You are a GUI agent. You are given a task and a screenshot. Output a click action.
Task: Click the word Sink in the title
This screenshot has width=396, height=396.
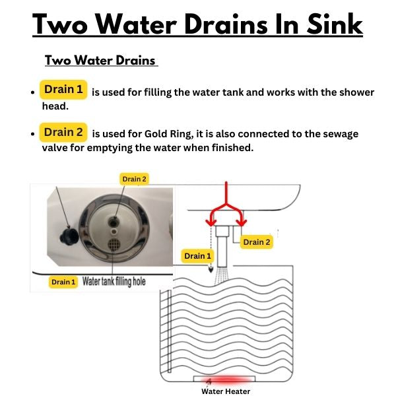[335, 24]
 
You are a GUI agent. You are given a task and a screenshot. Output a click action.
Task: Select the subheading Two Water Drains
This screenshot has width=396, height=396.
[100, 60]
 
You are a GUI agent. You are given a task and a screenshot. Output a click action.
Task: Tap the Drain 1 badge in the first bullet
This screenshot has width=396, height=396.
[63, 89]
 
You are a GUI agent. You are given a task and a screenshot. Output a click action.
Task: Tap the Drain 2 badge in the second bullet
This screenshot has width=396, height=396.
[63, 132]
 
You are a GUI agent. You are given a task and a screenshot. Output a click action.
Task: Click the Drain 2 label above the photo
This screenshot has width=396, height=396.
[134, 179]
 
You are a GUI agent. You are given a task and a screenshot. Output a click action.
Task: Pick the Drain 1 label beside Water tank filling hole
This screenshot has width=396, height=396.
[63, 282]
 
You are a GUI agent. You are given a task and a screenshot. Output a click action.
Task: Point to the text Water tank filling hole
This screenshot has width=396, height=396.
[114, 281]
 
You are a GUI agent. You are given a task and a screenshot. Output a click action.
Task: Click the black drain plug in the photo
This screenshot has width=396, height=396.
[69, 237]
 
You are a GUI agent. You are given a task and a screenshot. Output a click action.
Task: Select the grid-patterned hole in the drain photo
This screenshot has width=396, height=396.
[114, 244]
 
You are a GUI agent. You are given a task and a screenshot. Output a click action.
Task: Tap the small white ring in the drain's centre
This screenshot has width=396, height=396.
[114, 231]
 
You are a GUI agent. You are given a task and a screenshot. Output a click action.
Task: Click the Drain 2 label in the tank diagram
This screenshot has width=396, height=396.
[256, 242]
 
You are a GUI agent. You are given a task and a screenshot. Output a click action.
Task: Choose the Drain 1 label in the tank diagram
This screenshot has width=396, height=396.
[197, 256]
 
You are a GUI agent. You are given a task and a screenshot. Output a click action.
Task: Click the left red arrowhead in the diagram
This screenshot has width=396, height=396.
[211, 222]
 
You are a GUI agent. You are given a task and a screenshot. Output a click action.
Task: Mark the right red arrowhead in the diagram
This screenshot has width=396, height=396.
[242, 222]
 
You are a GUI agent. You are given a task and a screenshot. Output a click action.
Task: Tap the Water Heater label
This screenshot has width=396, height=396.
[226, 391]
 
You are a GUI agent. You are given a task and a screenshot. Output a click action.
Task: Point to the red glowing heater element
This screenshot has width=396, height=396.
[225, 379]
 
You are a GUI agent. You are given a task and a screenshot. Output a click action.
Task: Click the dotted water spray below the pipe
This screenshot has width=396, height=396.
[222, 275]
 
